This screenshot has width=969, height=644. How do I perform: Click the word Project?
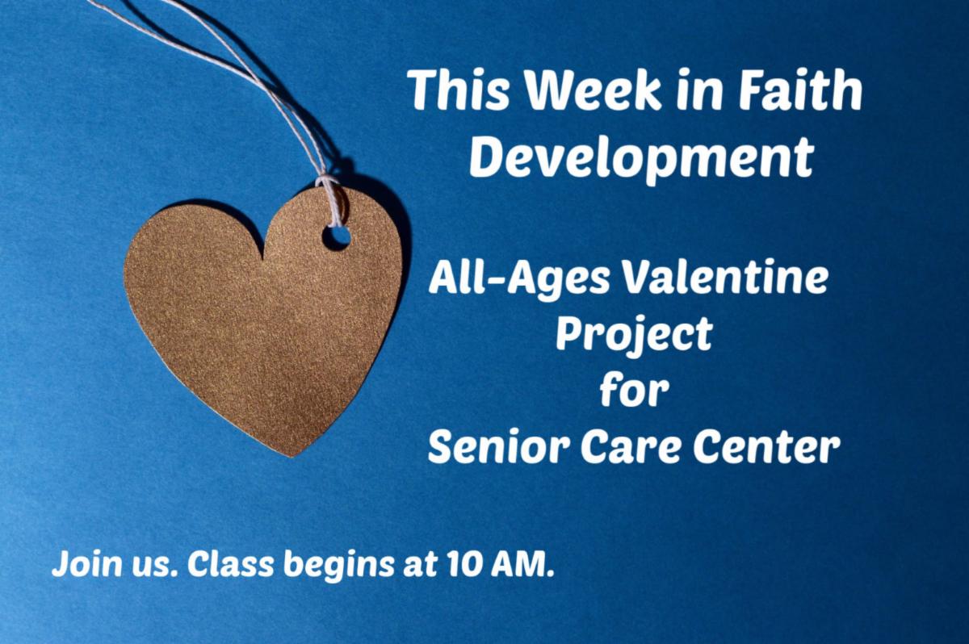(x=634, y=335)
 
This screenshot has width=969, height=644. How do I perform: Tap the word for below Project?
(x=634, y=389)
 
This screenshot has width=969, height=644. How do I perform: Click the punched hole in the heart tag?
(x=336, y=237)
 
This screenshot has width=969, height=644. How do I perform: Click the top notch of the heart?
(x=263, y=258)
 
